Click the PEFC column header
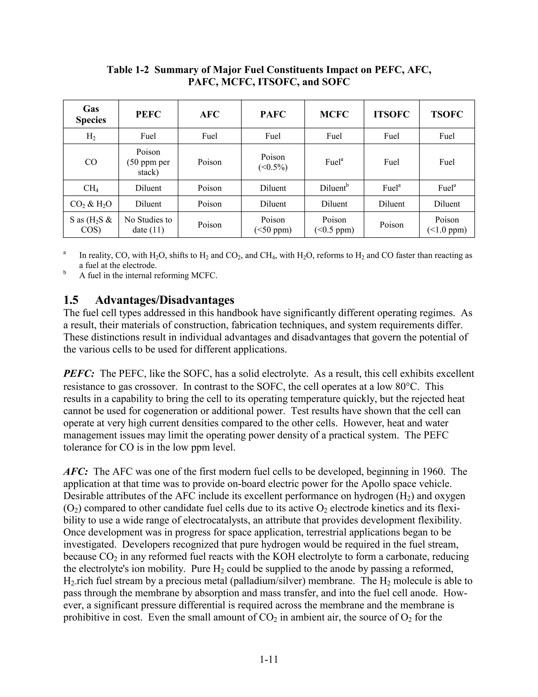(148, 114)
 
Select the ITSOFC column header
(391, 114)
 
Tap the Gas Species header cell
(91, 114)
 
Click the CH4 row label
(91, 188)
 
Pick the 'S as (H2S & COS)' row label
(91, 225)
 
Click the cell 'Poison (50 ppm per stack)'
(148, 162)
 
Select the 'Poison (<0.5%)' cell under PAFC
(273, 162)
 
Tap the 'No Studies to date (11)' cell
(148, 225)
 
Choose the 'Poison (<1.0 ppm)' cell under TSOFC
(447, 225)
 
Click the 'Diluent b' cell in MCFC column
(334, 188)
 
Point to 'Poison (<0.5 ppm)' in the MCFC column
(334, 225)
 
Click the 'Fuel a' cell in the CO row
(334, 162)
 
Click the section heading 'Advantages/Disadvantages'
(164, 300)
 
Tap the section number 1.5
(71, 300)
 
